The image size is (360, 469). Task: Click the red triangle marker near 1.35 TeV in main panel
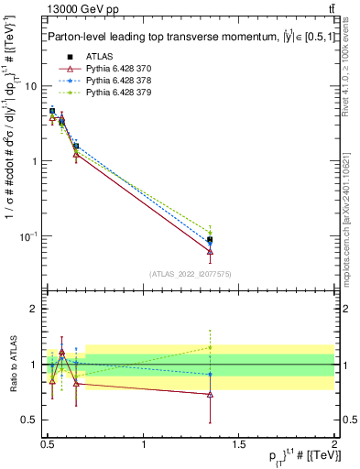tap(210, 251)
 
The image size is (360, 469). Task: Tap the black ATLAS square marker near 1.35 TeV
tap(210, 240)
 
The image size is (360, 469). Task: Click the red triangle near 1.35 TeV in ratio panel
tap(210, 394)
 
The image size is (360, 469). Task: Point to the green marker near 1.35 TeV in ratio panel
tap(210, 347)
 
